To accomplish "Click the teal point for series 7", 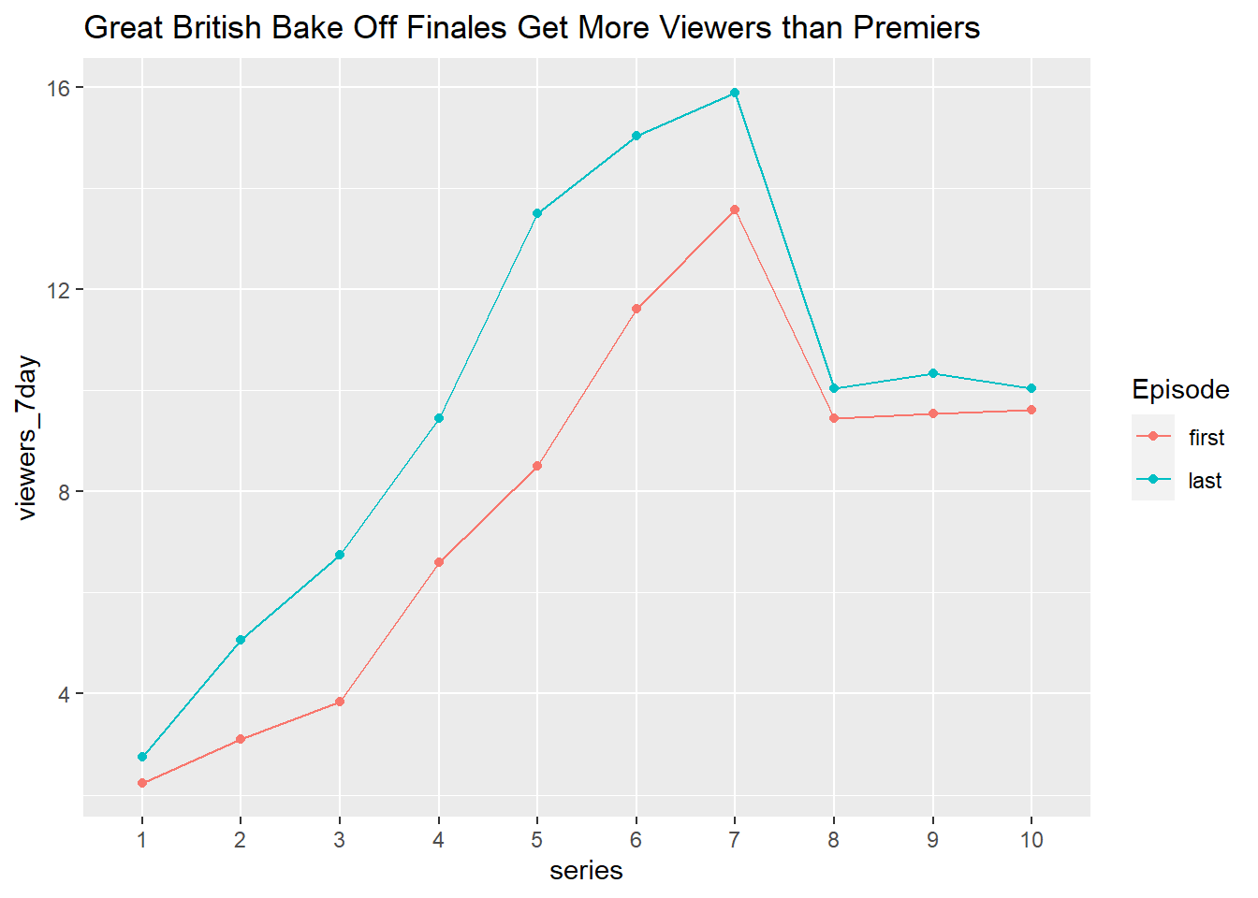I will click(x=735, y=93).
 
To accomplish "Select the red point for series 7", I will click(x=735, y=210).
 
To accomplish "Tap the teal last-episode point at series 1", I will click(x=142, y=757).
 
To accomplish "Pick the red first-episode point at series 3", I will click(x=340, y=702).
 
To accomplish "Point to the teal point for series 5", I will click(x=537, y=213).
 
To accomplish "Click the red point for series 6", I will click(x=636, y=309).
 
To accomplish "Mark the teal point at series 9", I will click(x=932, y=373).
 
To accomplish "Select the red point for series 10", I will click(x=1031, y=410).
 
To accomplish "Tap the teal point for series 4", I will click(x=439, y=418).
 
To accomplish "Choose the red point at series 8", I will click(x=834, y=418).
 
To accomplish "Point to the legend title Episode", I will click(x=1180, y=389).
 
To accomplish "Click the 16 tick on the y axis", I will click(x=59, y=88).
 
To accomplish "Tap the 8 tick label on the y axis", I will click(x=65, y=492).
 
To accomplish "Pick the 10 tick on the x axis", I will click(x=1031, y=840).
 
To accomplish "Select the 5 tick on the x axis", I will click(x=537, y=840).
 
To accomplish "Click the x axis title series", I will click(x=586, y=871).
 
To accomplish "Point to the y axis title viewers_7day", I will click(x=28, y=438).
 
